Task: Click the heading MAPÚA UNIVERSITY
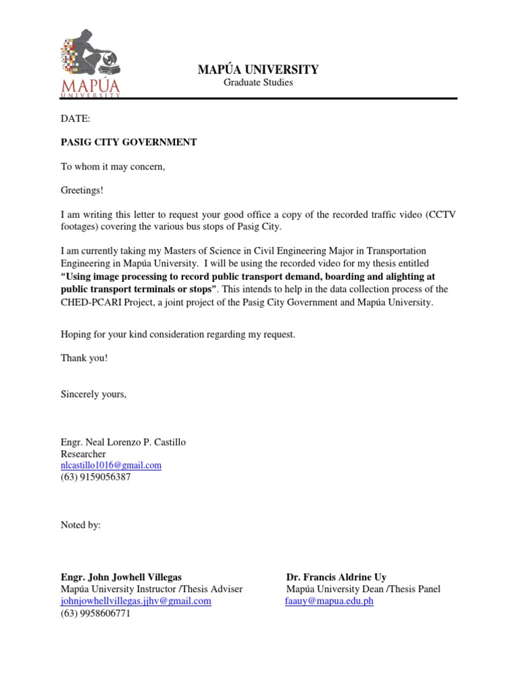tap(258, 69)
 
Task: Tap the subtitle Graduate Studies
tap(258, 83)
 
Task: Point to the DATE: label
tap(75, 119)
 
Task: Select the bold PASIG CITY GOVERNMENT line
tap(129, 142)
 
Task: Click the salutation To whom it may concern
tap(112, 166)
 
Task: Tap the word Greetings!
tap(83, 190)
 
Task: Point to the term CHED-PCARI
tap(90, 303)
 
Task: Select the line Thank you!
tap(84, 358)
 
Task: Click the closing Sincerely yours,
tap(94, 394)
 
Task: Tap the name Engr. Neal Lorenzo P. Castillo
tap(123, 443)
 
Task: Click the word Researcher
tap(83, 454)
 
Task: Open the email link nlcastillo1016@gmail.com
tap(111, 466)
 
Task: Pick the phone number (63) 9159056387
tap(96, 477)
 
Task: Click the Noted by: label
tap(81, 525)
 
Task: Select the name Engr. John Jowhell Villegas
tap(121, 577)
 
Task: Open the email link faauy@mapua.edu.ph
tap(329, 601)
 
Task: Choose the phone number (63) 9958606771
tap(96, 613)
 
